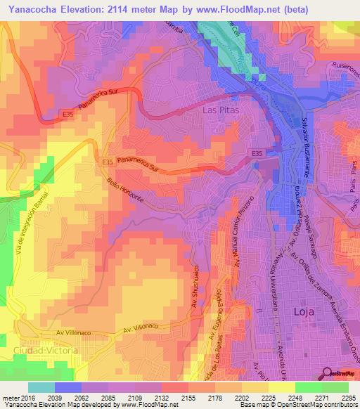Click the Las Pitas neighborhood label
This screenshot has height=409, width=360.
[221, 111]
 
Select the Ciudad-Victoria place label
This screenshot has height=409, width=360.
[41, 350]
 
